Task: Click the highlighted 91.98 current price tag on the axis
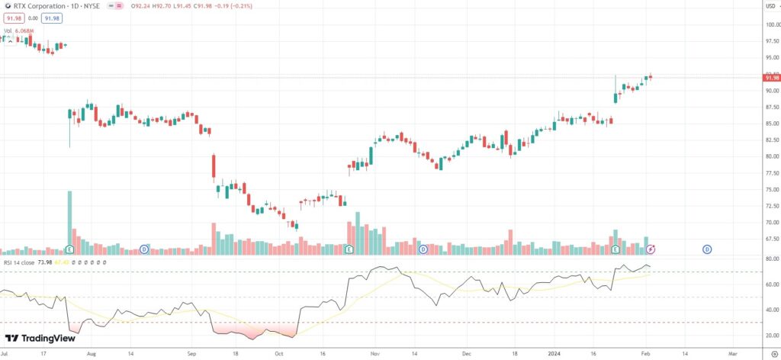tap(770, 78)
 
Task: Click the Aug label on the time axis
tap(92, 354)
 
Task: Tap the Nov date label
tap(374, 354)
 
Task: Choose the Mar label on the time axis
tap(733, 354)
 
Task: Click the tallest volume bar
tap(69, 221)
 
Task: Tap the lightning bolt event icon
tap(651, 249)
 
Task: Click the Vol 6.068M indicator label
tap(19, 31)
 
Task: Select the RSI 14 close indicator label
tap(20, 262)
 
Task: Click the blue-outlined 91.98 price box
tap(52, 18)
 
